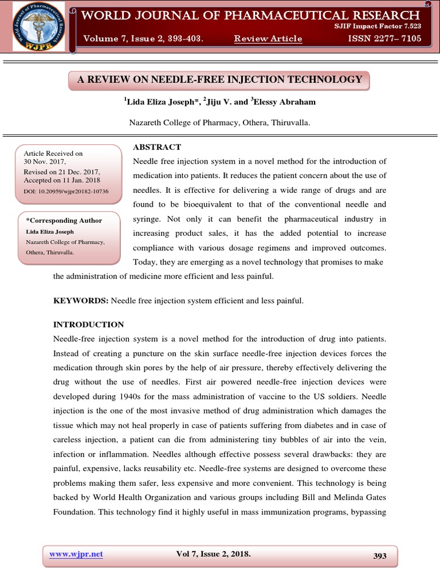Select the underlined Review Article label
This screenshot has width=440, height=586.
click(268, 38)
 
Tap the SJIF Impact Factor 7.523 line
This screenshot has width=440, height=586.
click(378, 26)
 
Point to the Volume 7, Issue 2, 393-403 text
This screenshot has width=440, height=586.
click(143, 38)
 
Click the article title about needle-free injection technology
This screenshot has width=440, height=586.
click(220, 80)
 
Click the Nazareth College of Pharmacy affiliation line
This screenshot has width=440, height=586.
click(220, 122)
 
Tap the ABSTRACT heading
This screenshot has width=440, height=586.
click(157, 147)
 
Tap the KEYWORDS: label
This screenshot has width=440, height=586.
click(80, 300)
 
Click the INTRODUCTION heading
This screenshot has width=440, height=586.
click(88, 324)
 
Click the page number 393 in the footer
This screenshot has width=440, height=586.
click(379, 556)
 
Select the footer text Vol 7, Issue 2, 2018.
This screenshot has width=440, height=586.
click(213, 554)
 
